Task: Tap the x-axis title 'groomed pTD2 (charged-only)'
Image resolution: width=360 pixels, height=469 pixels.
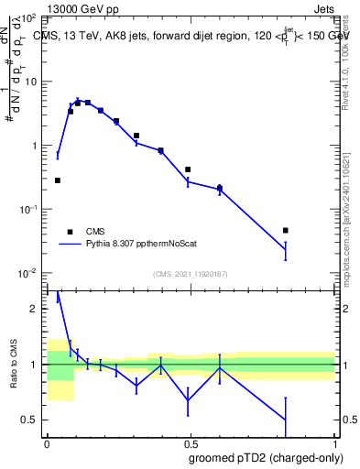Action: point(267,458)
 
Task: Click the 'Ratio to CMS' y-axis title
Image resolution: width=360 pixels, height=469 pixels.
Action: point(14,363)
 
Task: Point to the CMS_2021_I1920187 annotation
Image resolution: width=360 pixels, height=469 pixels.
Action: point(190,275)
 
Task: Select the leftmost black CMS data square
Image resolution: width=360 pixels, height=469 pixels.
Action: point(58,180)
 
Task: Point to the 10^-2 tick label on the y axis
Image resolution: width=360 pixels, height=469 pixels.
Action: point(28,273)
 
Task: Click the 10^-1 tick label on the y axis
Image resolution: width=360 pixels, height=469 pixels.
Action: point(28,210)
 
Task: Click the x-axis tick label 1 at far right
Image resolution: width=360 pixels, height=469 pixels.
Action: point(333,442)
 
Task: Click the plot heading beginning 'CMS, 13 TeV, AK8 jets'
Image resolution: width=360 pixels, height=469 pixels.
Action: point(183,35)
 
